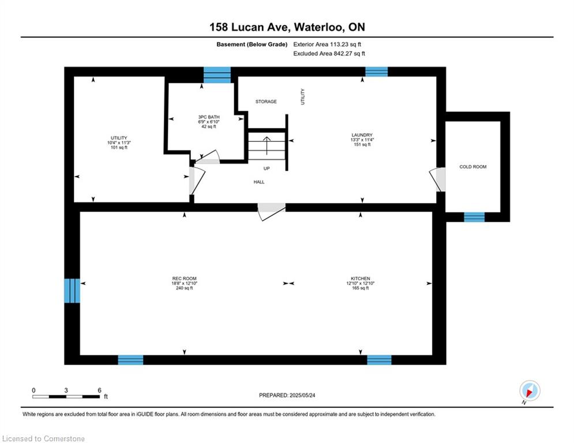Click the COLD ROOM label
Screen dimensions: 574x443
(472, 167)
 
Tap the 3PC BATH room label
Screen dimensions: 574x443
(209, 117)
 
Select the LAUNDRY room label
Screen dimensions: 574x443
(362, 135)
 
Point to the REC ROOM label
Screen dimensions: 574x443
(185, 279)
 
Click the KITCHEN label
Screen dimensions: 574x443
(361, 279)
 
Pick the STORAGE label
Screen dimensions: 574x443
(266, 102)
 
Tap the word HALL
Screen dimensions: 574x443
(259, 182)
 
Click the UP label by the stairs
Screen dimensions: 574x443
(267, 168)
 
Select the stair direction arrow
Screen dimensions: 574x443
(267, 145)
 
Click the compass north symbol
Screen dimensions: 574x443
(530, 391)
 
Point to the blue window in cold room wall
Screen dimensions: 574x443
(474, 217)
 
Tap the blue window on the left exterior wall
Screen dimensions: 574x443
(72, 291)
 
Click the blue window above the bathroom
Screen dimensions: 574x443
(217, 75)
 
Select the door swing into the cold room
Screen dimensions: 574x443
(437, 179)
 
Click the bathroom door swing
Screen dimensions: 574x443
(207, 157)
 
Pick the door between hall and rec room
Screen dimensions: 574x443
(272, 212)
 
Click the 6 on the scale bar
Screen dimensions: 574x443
(99, 391)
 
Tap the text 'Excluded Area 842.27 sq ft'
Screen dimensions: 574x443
(329, 54)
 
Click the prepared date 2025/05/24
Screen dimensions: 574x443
(302, 395)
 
